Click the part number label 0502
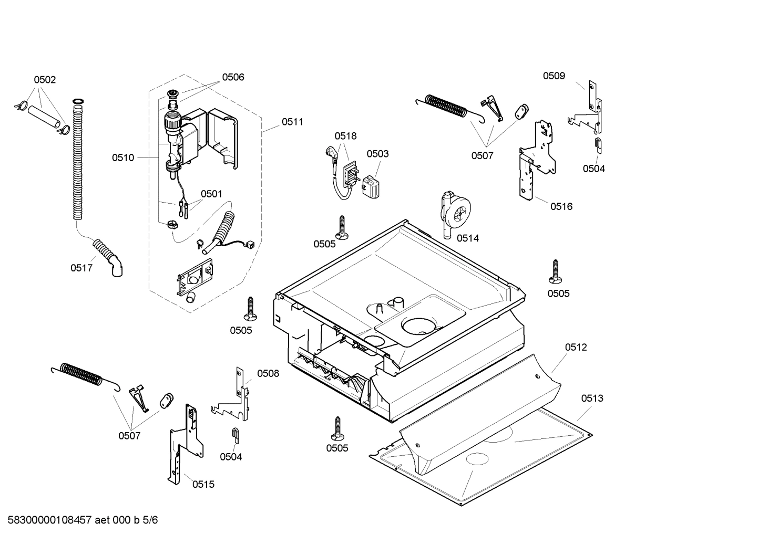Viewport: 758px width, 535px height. (x=45, y=80)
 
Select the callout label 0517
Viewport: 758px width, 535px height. (x=81, y=268)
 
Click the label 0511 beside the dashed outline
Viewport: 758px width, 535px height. (x=292, y=122)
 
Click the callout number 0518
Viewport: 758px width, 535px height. (x=345, y=136)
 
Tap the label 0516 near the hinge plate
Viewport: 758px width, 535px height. (x=561, y=206)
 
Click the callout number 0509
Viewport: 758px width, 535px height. (x=554, y=76)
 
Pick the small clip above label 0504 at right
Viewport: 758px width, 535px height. (x=598, y=143)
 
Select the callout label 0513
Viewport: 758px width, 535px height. (x=592, y=398)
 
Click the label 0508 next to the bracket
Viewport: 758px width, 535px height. (x=268, y=373)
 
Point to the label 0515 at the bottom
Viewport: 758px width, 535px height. (x=203, y=484)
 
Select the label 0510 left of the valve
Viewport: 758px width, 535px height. (x=122, y=158)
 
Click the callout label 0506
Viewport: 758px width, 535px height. (x=233, y=77)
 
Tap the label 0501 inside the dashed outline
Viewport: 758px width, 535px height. (x=211, y=194)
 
